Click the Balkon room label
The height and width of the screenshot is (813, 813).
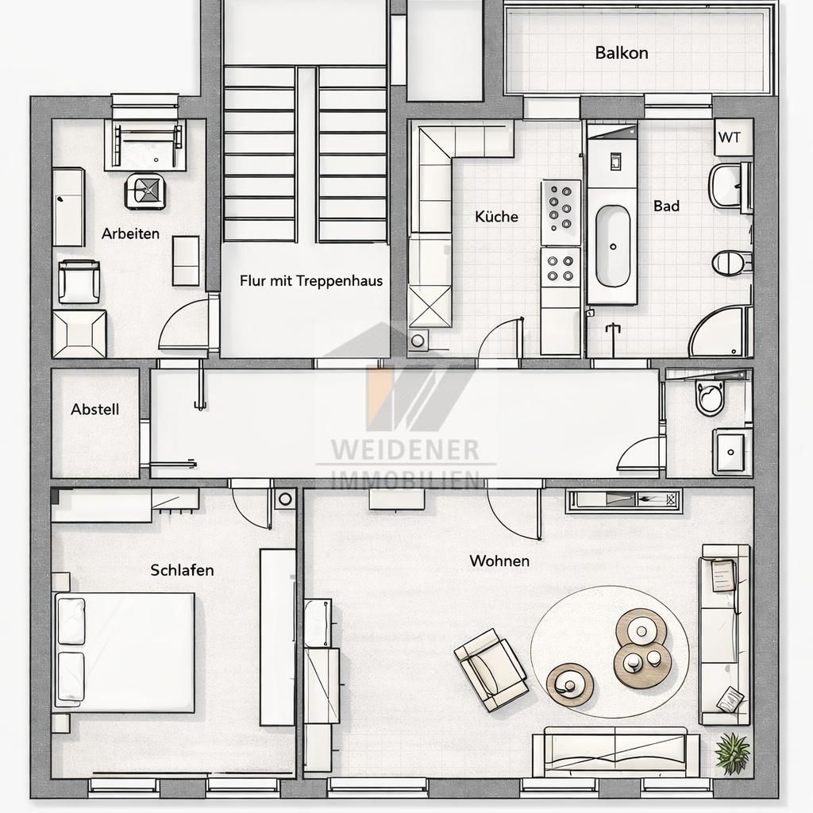pyautogui.click(x=621, y=53)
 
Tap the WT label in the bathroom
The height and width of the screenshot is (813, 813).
pyautogui.click(x=729, y=137)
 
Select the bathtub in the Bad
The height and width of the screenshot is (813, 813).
pyautogui.click(x=612, y=245)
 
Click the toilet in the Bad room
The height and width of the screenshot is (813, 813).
pyautogui.click(x=730, y=262)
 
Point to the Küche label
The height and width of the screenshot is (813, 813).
pyautogui.click(x=496, y=217)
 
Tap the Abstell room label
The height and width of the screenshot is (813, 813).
pyautogui.click(x=95, y=410)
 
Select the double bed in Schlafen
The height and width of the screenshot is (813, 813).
pyautogui.click(x=125, y=652)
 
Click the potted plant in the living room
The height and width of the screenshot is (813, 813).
pyautogui.click(x=732, y=752)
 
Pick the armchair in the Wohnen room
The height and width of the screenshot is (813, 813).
pyautogui.click(x=491, y=669)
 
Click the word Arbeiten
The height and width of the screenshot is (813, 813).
pyautogui.click(x=130, y=233)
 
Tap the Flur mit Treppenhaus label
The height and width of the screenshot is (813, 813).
pyautogui.click(x=311, y=281)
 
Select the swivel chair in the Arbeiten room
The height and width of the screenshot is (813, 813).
pyautogui.click(x=144, y=191)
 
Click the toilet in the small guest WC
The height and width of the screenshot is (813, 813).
pyautogui.click(x=709, y=397)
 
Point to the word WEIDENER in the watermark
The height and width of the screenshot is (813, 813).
pyautogui.click(x=405, y=450)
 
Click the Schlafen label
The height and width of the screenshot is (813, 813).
pyautogui.click(x=182, y=570)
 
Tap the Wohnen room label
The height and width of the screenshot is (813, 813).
pyautogui.click(x=499, y=561)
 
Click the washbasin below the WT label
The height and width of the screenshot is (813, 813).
pyautogui.click(x=726, y=185)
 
